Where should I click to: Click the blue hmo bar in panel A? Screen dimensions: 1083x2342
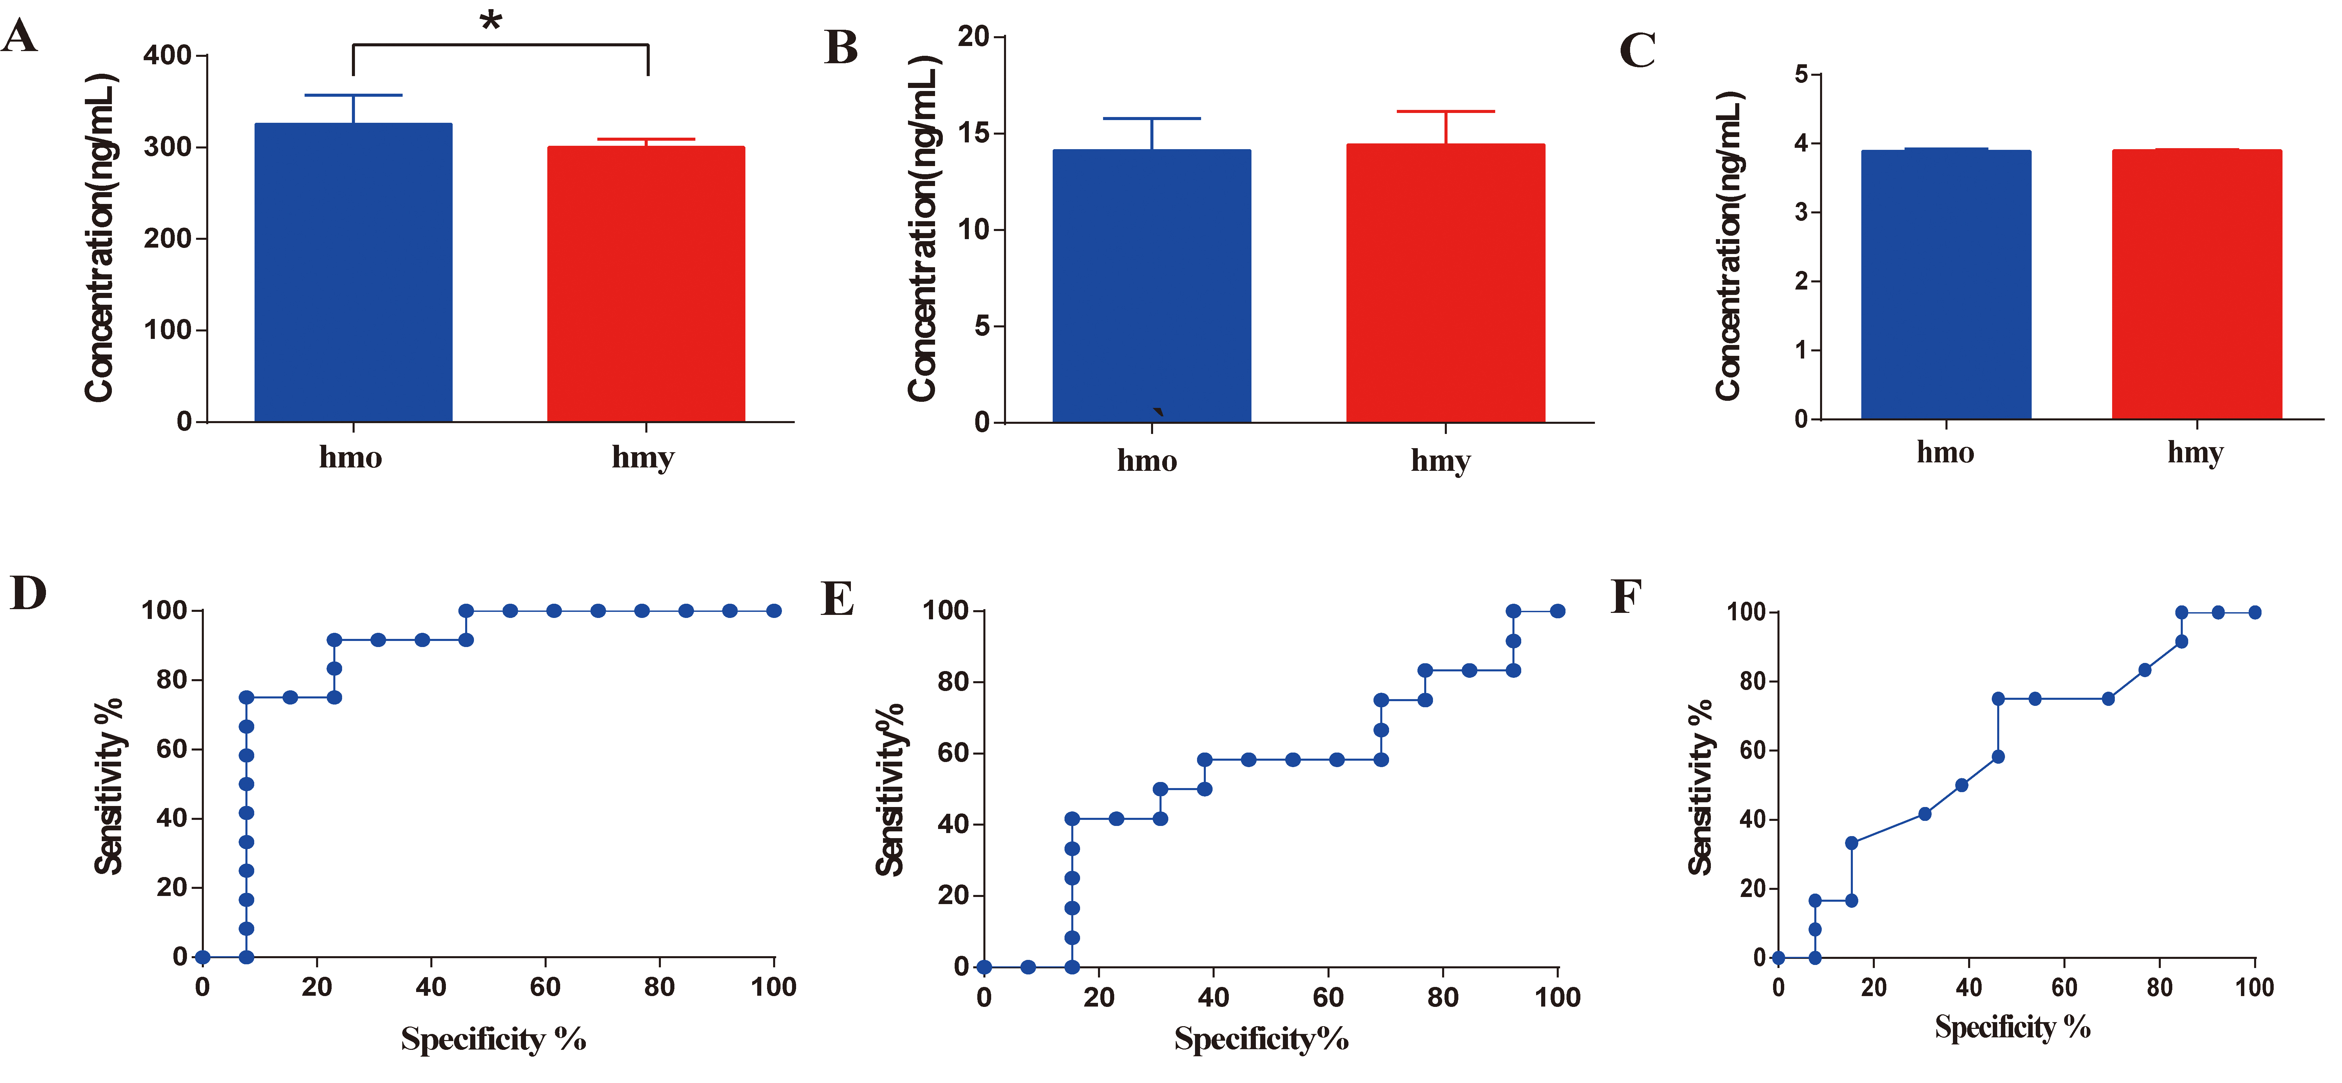(353, 273)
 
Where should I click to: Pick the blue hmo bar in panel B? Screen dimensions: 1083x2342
(1151, 286)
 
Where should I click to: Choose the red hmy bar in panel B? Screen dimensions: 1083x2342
(1445, 284)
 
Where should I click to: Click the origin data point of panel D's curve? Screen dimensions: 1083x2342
(203, 957)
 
